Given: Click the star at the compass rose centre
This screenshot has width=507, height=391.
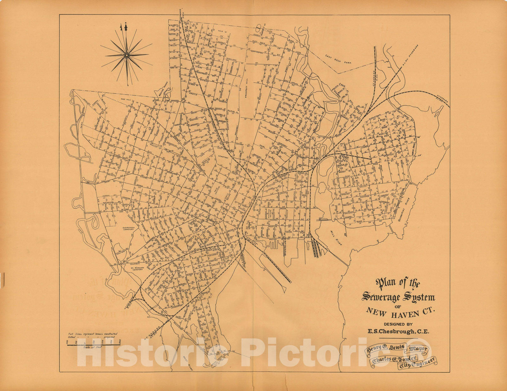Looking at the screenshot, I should tap(126, 55).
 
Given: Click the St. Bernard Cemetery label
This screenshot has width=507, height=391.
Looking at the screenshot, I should tap(138, 269).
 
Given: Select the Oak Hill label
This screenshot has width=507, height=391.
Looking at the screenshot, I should tap(126, 99).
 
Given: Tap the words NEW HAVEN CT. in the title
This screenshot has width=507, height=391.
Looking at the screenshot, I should tap(401, 312).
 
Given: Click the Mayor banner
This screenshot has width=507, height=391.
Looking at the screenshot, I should tap(418, 349).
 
